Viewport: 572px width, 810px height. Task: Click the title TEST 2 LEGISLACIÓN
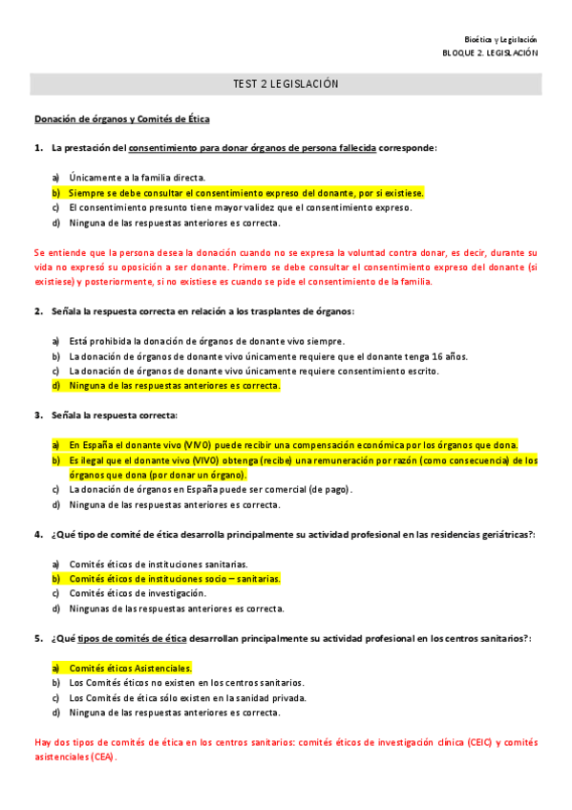pyautogui.click(x=286, y=85)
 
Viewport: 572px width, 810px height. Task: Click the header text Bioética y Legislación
pyautogui.click(x=507, y=40)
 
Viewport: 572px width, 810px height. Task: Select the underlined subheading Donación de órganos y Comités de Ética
pyautogui.click(x=122, y=119)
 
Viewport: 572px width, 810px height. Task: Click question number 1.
pyautogui.click(x=38, y=148)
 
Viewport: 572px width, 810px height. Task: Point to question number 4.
pyautogui.click(x=38, y=534)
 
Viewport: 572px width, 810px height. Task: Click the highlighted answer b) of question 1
pyautogui.click(x=246, y=192)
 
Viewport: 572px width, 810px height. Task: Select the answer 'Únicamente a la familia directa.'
pyautogui.click(x=138, y=177)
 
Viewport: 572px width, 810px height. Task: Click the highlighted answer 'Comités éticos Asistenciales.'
pyautogui.click(x=131, y=668)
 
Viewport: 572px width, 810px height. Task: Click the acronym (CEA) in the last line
pyautogui.click(x=99, y=757)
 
